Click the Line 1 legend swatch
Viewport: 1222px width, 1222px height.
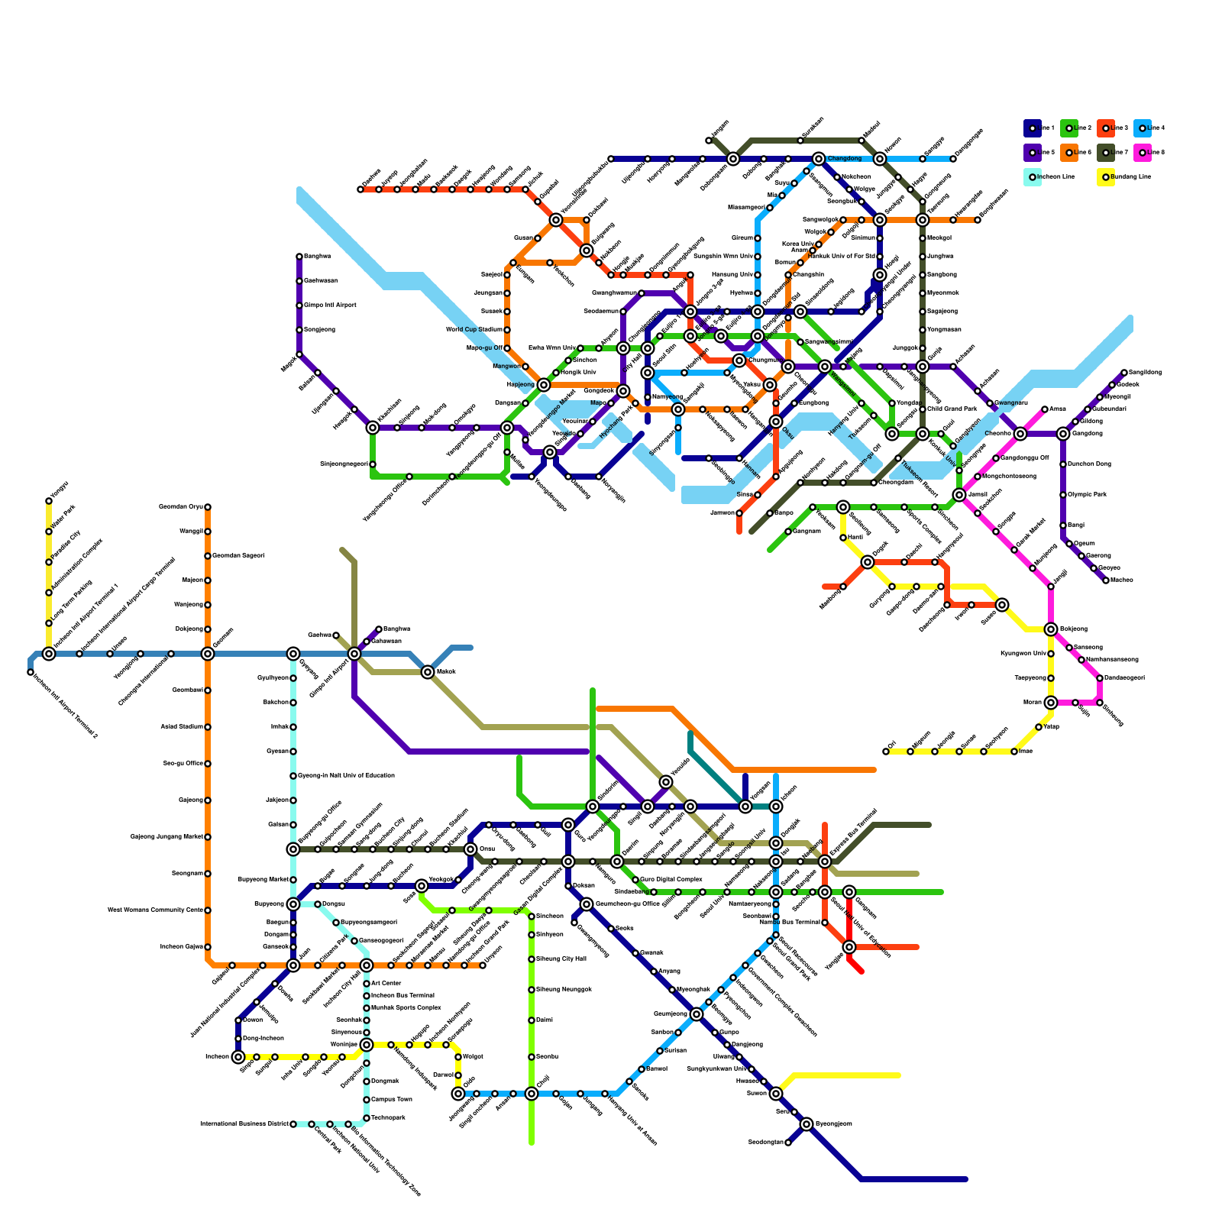[1032, 128]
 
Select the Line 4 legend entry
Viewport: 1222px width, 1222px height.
[1142, 128]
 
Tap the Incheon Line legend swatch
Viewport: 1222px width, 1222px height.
[1032, 177]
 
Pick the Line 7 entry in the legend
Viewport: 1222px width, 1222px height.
[1105, 153]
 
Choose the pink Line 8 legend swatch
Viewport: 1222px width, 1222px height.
[1142, 153]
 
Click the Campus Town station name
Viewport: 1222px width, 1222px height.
[391, 1100]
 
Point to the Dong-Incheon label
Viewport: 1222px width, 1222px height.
[263, 1039]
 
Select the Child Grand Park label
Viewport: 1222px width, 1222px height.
[951, 409]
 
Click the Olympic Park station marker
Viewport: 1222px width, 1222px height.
[1063, 495]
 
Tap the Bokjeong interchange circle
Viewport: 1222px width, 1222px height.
[1051, 629]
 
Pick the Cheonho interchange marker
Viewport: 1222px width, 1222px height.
[1020, 434]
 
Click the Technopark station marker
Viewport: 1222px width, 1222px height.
[367, 1118]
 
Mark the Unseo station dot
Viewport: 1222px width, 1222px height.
[110, 654]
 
